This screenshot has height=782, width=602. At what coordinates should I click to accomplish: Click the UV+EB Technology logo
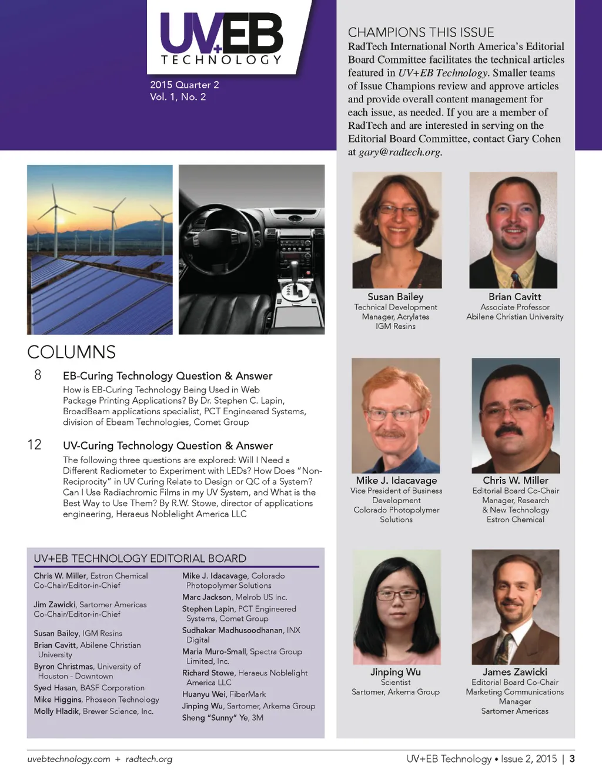pyautogui.click(x=222, y=38)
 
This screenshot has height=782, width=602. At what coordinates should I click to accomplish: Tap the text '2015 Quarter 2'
pyautogui.click(x=184, y=85)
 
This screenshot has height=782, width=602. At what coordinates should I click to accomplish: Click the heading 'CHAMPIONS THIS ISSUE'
pyautogui.click(x=421, y=32)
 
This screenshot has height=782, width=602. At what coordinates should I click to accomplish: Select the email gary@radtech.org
pyautogui.click(x=399, y=152)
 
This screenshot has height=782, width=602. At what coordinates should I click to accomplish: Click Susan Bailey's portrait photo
pyautogui.click(x=397, y=229)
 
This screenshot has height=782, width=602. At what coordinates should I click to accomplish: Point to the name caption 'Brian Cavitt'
pyautogui.click(x=514, y=297)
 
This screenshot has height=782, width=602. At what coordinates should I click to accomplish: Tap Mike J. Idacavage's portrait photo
pyautogui.click(x=396, y=415)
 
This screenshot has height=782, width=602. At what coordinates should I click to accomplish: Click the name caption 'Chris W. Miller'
pyautogui.click(x=515, y=480)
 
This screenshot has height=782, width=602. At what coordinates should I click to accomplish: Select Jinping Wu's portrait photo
pyautogui.click(x=396, y=607)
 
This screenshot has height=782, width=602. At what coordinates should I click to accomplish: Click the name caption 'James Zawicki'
pyautogui.click(x=514, y=671)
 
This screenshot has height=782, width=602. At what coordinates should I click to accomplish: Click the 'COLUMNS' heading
pyautogui.click(x=71, y=352)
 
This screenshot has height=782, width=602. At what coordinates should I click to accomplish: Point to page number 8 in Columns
pyautogui.click(x=38, y=375)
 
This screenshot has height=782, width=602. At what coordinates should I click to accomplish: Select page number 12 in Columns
pyautogui.click(x=35, y=445)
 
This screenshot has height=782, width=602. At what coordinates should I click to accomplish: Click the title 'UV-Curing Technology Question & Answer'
pyautogui.click(x=168, y=445)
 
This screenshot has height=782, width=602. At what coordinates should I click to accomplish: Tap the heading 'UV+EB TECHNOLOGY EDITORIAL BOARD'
pyautogui.click(x=140, y=558)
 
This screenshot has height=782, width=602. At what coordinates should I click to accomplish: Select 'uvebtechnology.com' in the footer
pyautogui.click(x=68, y=759)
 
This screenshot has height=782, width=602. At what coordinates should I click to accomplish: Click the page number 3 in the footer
pyautogui.click(x=572, y=758)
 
